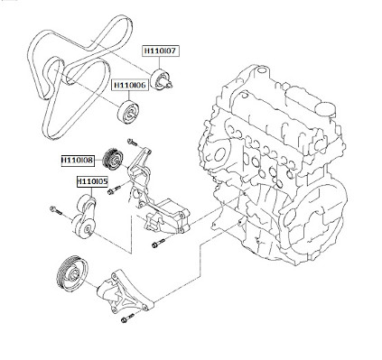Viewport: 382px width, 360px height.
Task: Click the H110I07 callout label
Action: point(161,51)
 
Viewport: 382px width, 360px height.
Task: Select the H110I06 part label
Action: point(130,85)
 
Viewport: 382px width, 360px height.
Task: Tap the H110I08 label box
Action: point(78,161)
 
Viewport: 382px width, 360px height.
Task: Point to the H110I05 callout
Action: point(92,181)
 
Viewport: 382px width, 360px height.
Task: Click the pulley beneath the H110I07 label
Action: point(162,79)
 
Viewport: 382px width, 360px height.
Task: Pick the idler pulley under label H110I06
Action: point(128,113)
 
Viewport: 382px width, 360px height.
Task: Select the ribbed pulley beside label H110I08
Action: point(112,160)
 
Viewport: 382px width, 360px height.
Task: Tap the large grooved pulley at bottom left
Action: point(72,273)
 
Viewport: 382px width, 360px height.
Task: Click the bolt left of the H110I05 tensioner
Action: point(56,210)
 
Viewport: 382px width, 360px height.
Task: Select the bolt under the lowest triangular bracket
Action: point(127,318)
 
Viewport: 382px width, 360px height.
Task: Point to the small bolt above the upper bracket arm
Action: point(133,142)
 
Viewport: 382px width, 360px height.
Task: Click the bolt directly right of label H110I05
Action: point(114,189)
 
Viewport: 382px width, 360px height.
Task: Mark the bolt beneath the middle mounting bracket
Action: point(158,244)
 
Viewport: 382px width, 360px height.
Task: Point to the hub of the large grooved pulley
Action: point(74,274)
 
